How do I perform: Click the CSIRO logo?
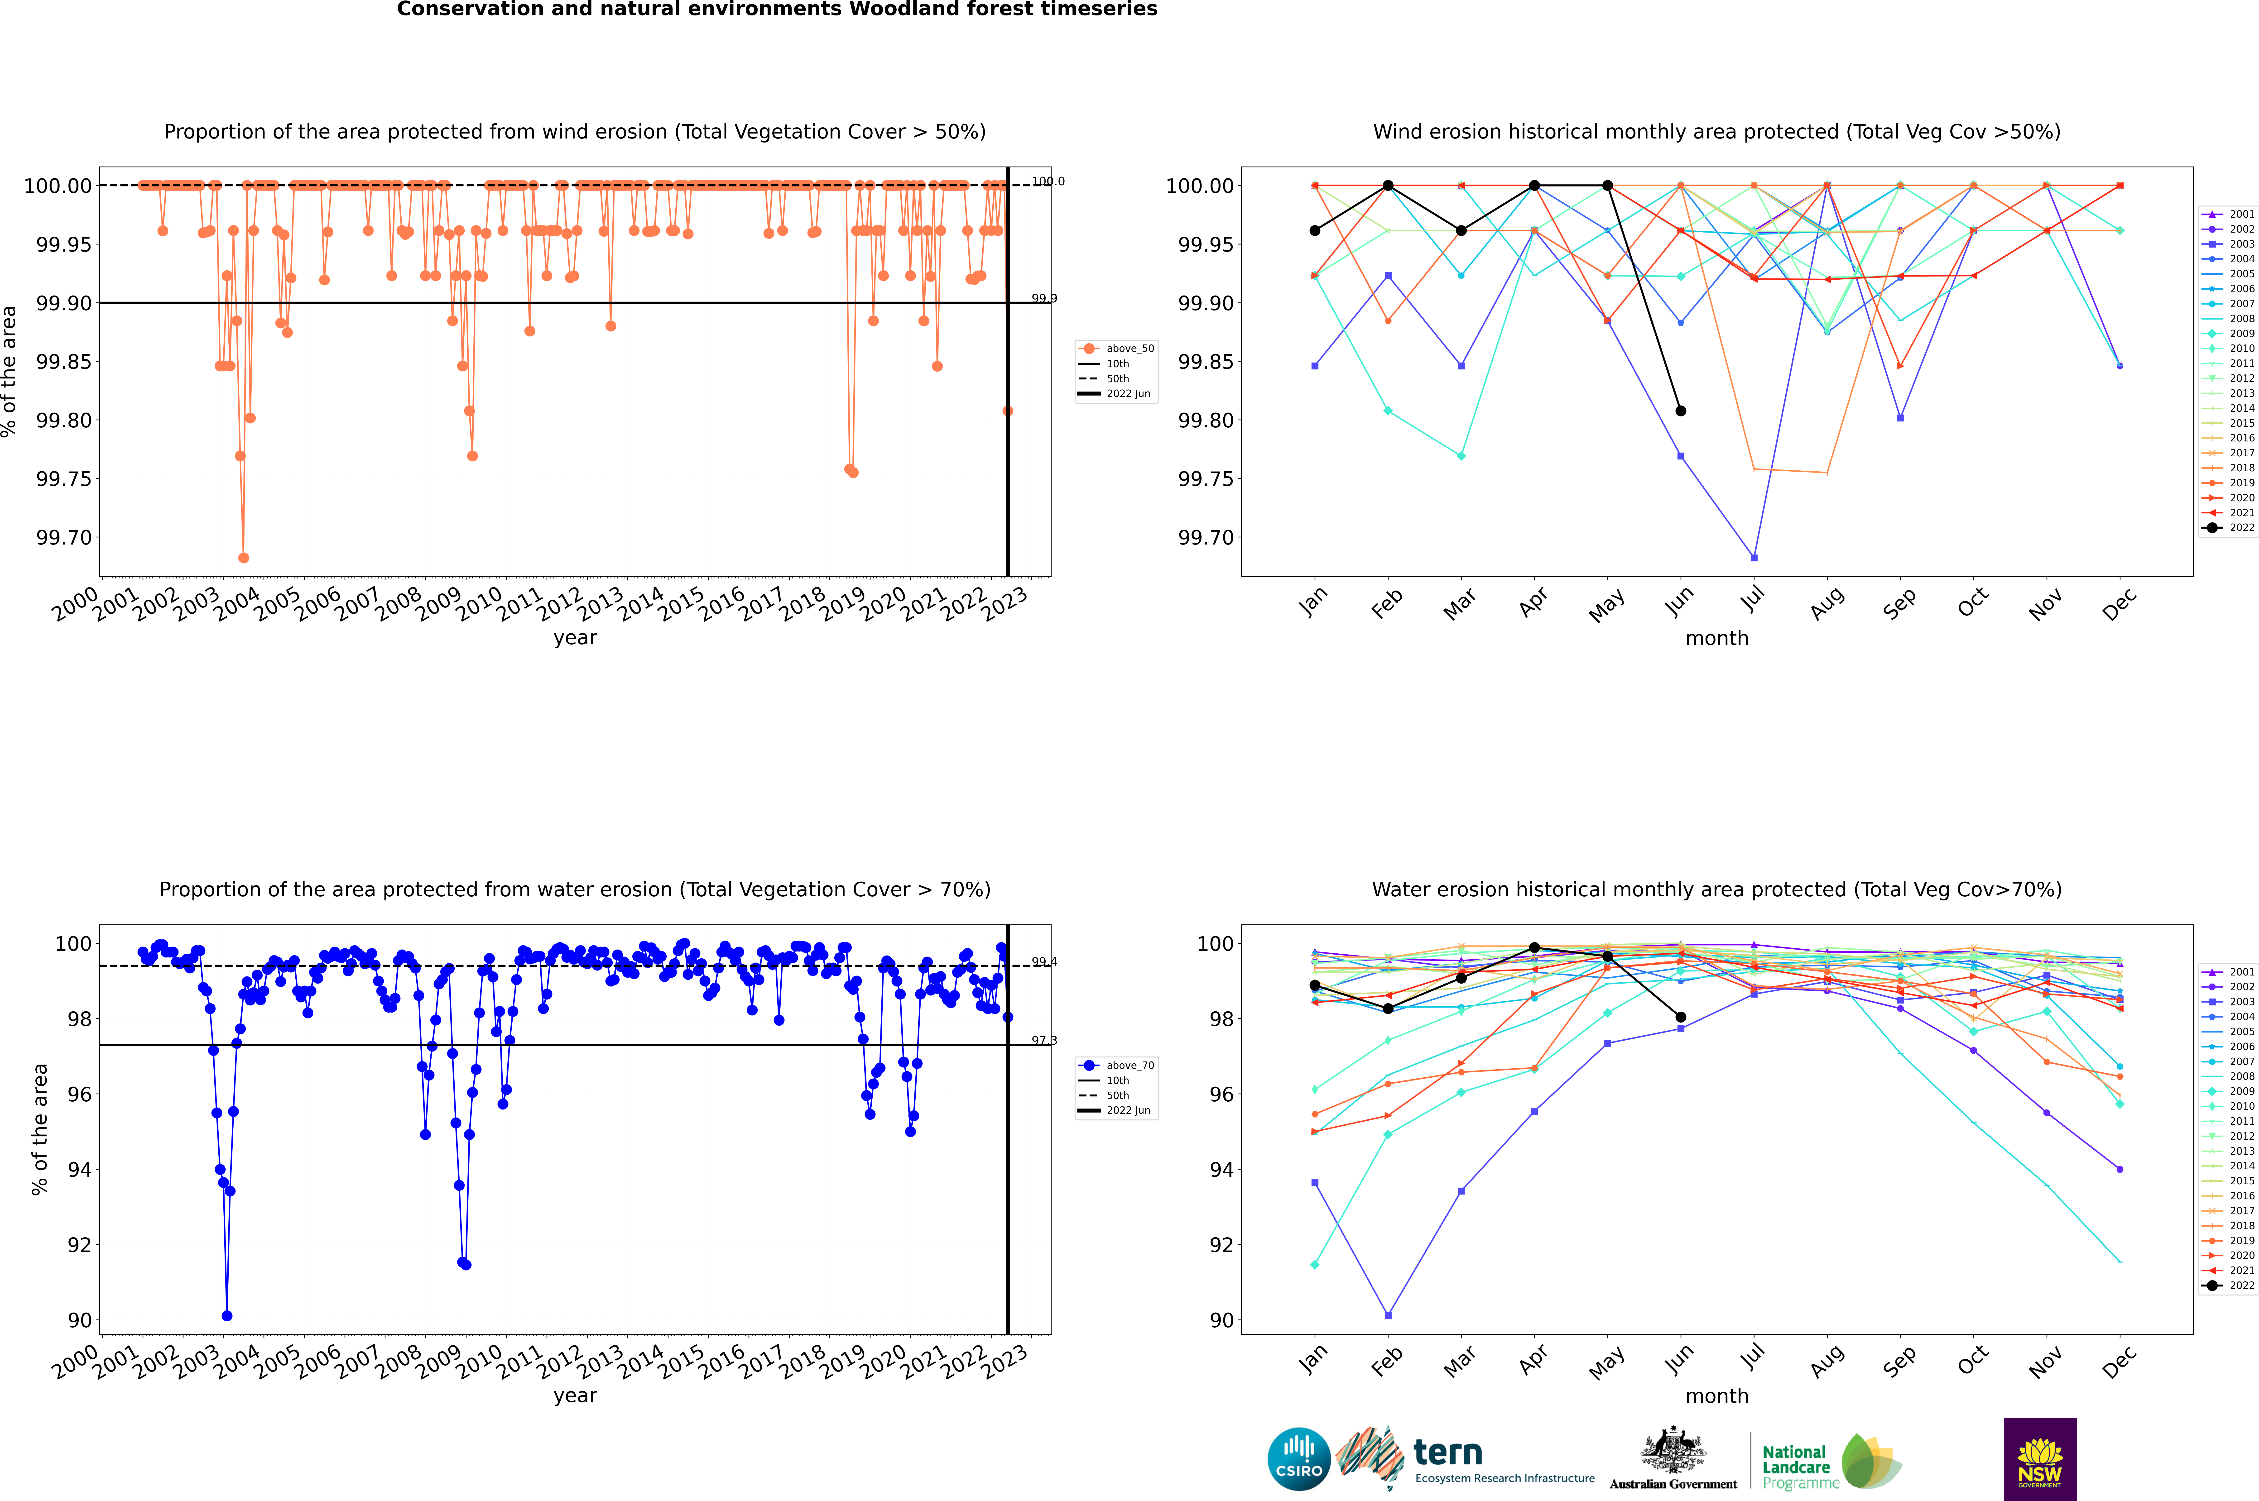pyautogui.click(x=1298, y=1459)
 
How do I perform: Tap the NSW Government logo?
pyautogui.click(x=2040, y=1459)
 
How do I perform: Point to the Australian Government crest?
pyautogui.click(x=1673, y=1453)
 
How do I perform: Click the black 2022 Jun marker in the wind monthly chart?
pyautogui.click(x=1681, y=411)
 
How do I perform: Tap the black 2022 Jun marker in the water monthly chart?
pyautogui.click(x=1681, y=1018)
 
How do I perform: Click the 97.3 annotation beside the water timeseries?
pyautogui.click(x=1044, y=1041)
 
